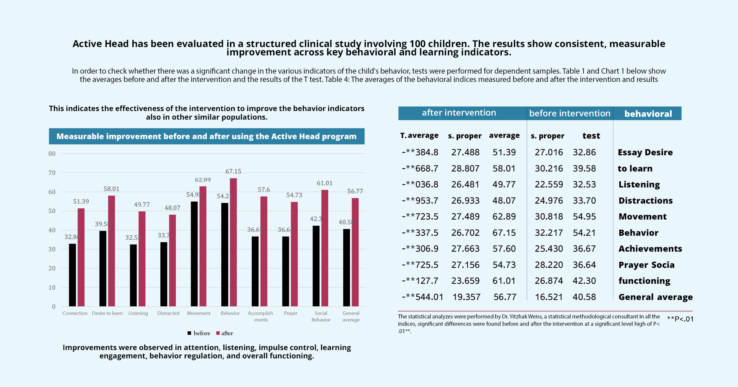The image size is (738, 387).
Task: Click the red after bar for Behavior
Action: point(233,242)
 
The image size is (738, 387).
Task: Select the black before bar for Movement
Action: point(194,254)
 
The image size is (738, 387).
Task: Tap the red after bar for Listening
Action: point(142,258)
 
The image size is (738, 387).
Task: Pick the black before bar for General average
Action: point(346,267)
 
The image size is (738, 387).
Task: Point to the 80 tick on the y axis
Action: point(52,154)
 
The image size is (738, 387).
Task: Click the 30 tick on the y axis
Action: point(52,249)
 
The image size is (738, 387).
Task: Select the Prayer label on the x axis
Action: point(290,313)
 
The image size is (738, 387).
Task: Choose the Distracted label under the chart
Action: point(168,313)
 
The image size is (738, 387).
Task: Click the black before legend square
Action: point(189,333)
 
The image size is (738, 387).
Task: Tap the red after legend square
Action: point(218,333)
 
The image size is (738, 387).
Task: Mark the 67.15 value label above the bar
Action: point(233,171)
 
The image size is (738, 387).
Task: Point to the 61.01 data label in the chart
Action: point(325,183)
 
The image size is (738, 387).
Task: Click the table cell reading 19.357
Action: point(466,297)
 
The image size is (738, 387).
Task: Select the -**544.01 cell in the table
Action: point(422,297)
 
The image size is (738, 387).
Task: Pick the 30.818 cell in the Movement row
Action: point(549,216)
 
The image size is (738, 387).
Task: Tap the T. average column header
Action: point(419,135)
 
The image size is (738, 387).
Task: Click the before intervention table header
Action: point(570,113)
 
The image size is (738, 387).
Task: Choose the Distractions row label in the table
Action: point(645,201)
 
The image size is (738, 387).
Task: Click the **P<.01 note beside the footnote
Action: point(680,319)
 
